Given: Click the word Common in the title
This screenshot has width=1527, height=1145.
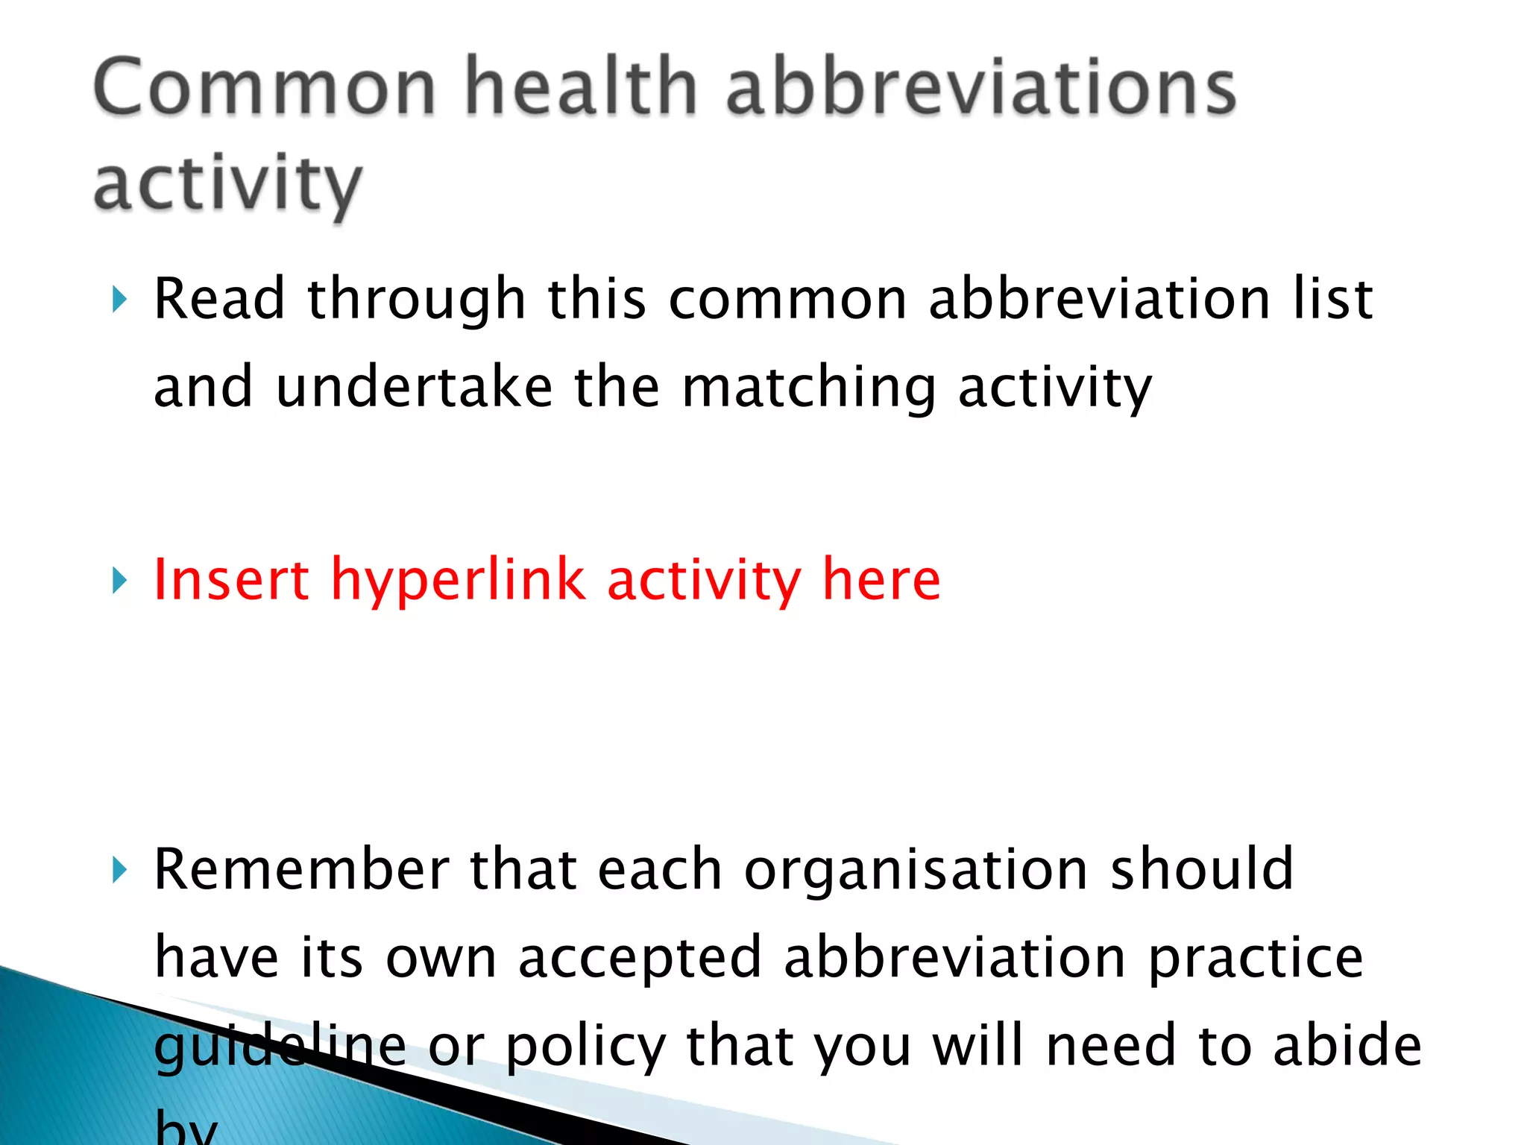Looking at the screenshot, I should click(x=265, y=88).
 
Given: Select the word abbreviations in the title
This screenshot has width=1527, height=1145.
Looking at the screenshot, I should click(x=981, y=88).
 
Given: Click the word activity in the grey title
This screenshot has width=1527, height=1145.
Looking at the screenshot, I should click(x=227, y=185).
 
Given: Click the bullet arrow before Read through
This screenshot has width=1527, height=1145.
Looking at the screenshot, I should click(x=119, y=300).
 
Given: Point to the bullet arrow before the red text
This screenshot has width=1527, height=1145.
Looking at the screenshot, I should click(x=119, y=580).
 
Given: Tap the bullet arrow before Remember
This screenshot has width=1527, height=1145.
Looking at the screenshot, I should click(x=119, y=869).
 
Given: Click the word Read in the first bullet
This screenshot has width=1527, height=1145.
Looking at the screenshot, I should click(x=219, y=298).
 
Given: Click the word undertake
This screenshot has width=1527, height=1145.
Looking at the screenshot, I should click(x=414, y=387).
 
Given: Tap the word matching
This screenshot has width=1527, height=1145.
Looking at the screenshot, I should click(x=808, y=388).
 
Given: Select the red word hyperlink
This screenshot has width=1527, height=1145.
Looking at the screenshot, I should click(x=459, y=581).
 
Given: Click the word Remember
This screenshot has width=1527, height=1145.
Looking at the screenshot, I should click(x=301, y=869).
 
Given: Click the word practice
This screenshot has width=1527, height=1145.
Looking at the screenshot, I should click(x=1256, y=958).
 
